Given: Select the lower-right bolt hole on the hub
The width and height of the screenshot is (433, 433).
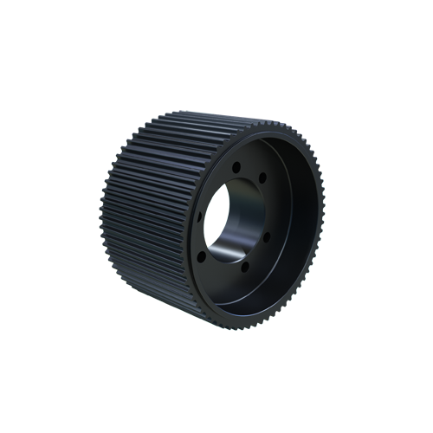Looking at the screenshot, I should (266, 235).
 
